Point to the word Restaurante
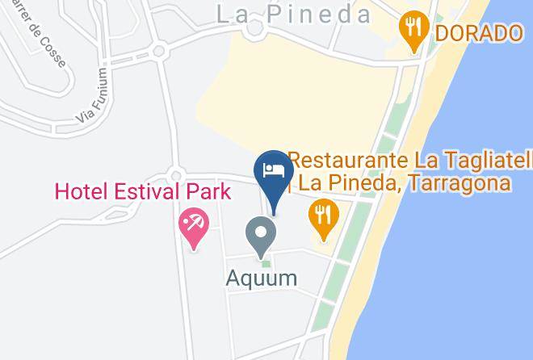(x=339, y=159)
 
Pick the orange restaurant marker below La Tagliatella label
(x=324, y=218)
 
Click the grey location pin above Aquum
(x=261, y=236)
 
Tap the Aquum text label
(x=261, y=278)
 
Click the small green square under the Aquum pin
(x=265, y=262)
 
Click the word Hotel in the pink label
(x=78, y=193)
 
